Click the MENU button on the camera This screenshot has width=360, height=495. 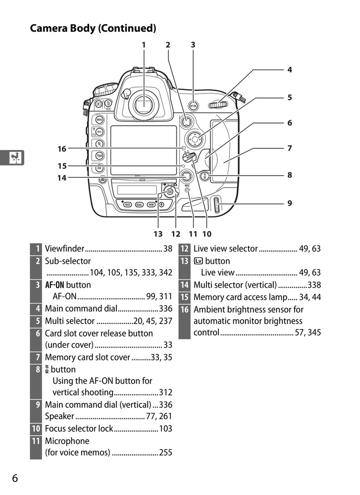(100, 120)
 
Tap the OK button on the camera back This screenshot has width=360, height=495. (100, 168)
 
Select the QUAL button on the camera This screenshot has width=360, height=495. (139, 204)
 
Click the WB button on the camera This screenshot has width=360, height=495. (151, 204)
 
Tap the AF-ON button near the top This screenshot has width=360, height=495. (194, 106)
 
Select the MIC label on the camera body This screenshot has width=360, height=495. (188, 186)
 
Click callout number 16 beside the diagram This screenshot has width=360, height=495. (61, 148)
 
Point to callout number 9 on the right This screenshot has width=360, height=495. (290, 203)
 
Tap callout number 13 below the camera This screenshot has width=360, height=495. (158, 234)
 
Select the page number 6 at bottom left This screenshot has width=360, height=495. (15, 478)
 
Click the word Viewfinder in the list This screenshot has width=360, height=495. (65, 249)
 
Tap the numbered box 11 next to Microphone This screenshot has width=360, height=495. (36, 441)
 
